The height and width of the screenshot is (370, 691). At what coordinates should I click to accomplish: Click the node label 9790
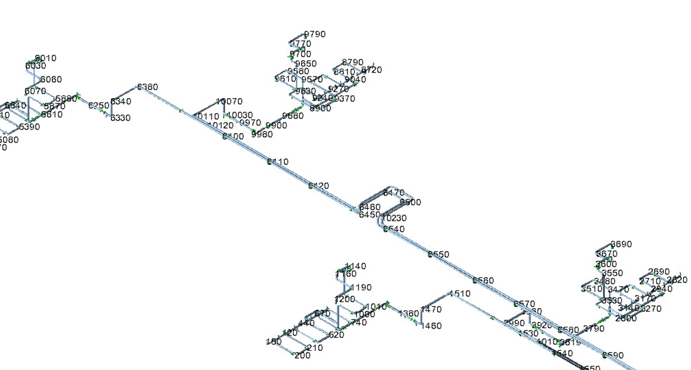(315, 35)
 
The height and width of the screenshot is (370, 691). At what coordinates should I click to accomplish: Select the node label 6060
(51, 80)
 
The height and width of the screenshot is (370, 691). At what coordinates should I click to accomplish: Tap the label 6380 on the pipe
(147, 87)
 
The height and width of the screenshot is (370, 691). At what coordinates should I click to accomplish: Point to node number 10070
(230, 102)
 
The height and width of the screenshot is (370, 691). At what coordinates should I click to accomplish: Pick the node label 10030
(240, 115)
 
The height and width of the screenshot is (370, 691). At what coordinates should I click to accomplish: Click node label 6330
(120, 118)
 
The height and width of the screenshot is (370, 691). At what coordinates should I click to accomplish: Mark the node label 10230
(394, 218)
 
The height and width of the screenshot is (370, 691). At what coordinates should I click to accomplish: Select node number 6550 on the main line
(439, 254)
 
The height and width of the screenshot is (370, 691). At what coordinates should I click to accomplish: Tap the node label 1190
(361, 287)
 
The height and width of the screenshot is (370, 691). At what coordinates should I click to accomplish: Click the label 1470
(431, 310)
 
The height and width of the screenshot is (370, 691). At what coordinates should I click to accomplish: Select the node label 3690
(621, 244)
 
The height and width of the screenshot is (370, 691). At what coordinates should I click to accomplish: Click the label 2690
(659, 272)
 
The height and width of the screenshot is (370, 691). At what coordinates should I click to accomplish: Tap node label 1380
(408, 314)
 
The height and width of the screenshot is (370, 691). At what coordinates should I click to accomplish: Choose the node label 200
(302, 355)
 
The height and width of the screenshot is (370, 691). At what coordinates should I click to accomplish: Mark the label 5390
(29, 127)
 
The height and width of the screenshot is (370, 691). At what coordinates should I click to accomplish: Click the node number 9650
(305, 64)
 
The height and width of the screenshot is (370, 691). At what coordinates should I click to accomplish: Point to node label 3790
(594, 329)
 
